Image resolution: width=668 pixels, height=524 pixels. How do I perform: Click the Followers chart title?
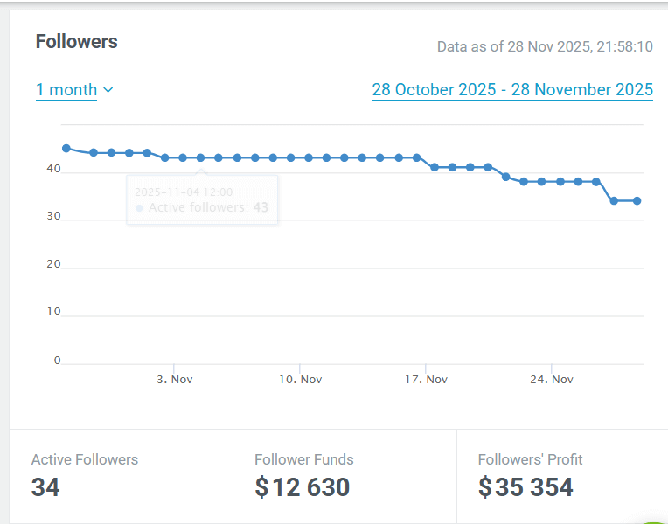(x=77, y=42)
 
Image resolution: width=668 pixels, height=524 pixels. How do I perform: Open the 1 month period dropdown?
(x=74, y=89)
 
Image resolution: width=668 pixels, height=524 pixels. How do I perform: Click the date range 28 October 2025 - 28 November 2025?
(x=511, y=89)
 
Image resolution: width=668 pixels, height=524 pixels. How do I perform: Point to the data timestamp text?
(x=544, y=46)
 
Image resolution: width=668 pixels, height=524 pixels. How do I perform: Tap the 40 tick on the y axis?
(x=54, y=170)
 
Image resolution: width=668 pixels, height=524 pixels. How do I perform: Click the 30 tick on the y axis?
(x=54, y=217)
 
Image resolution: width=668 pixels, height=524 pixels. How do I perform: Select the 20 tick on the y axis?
(x=54, y=264)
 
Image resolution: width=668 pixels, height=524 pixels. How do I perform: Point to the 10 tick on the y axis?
(x=54, y=312)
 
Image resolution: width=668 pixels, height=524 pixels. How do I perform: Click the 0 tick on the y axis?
(x=58, y=360)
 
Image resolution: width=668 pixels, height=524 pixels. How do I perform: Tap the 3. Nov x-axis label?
(x=175, y=379)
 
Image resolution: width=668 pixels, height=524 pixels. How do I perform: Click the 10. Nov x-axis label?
(x=300, y=379)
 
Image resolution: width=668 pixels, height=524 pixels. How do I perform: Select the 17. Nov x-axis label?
(x=426, y=379)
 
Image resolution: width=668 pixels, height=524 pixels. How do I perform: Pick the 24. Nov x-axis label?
(x=552, y=379)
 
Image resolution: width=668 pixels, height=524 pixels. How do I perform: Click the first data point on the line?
(x=66, y=148)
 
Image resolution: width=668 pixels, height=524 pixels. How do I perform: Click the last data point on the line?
(x=637, y=200)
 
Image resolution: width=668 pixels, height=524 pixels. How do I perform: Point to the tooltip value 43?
(x=261, y=208)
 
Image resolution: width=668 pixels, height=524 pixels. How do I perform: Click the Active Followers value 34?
(x=45, y=487)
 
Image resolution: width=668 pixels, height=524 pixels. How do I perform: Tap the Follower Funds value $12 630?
(x=303, y=487)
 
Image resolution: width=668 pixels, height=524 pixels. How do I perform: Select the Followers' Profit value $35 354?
(x=526, y=487)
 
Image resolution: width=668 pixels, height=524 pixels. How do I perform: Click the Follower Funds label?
(x=304, y=459)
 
